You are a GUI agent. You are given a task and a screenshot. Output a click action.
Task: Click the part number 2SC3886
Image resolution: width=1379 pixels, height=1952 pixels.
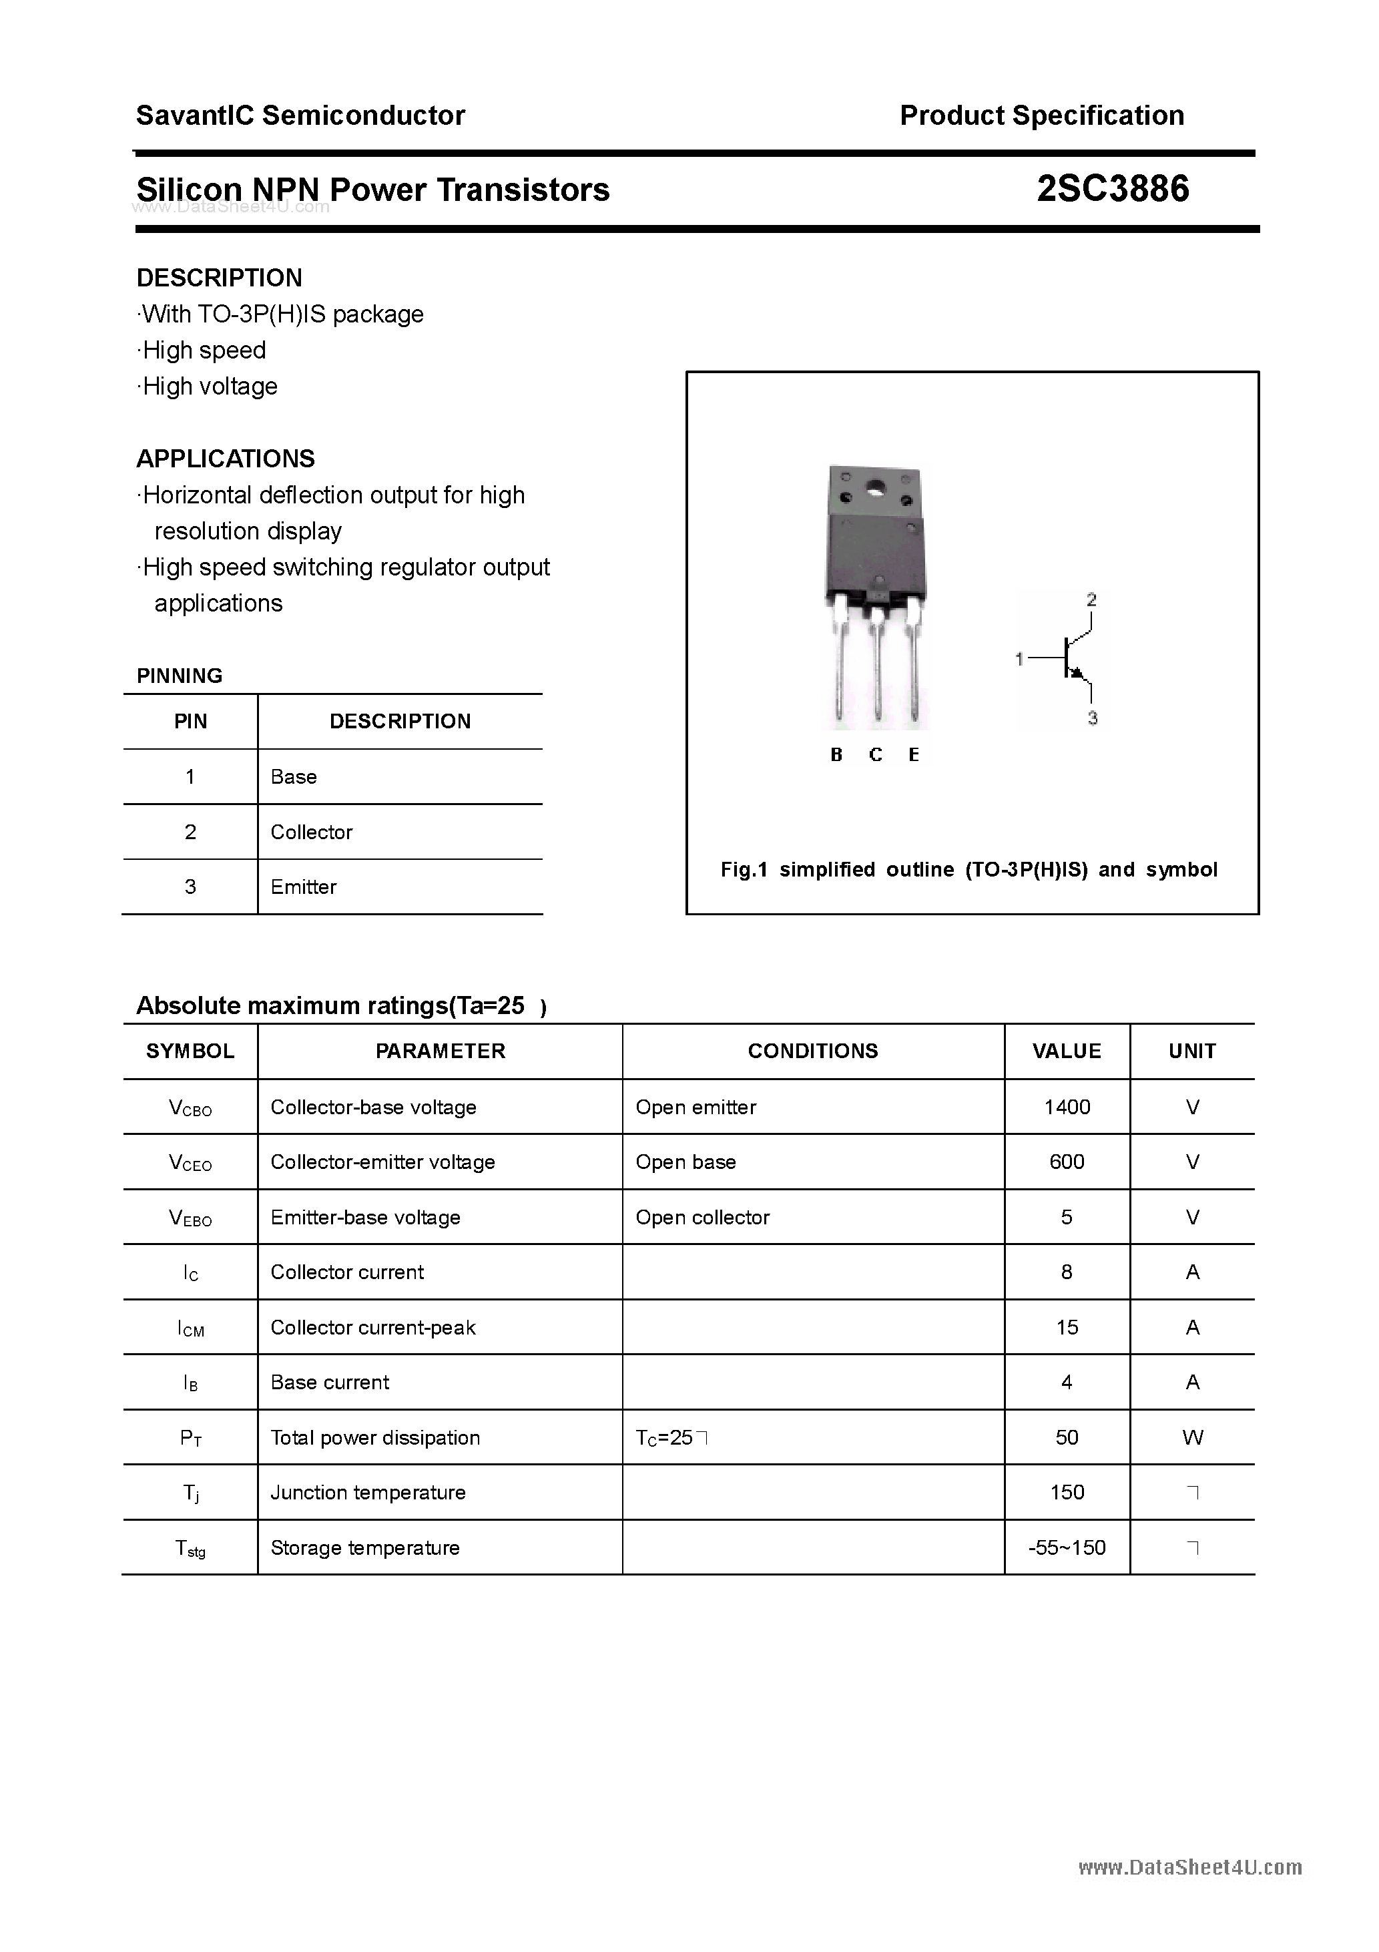pyautogui.click(x=1112, y=189)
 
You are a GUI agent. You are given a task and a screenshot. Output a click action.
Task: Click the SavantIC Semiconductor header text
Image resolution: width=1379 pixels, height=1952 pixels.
pyautogui.click(x=300, y=115)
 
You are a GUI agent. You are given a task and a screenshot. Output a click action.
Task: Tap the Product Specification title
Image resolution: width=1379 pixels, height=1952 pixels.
pyautogui.click(x=1041, y=115)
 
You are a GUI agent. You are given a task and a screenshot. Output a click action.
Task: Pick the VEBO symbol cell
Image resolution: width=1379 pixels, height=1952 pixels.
pyautogui.click(x=190, y=1218)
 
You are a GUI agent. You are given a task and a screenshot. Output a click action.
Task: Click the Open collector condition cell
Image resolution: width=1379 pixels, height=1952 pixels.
pyautogui.click(x=702, y=1218)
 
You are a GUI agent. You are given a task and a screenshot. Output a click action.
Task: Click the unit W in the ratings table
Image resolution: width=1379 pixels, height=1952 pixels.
pyautogui.click(x=1192, y=1438)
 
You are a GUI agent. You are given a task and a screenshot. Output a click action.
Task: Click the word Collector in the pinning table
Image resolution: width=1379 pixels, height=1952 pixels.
pyautogui.click(x=311, y=832)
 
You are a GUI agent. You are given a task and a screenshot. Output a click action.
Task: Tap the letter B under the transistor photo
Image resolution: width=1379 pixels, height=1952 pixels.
pyautogui.click(x=836, y=755)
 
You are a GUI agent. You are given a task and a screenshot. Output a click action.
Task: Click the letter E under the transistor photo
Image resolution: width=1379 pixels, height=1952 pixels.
pyautogui.click(x=914, y=755)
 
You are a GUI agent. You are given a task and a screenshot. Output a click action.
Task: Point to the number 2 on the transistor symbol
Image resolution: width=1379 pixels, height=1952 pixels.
pyautogui.click(x=1091, y=600)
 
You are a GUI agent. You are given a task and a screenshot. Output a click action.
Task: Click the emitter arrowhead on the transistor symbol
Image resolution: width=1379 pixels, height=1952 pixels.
pyautogui.click(x=1078, y=674)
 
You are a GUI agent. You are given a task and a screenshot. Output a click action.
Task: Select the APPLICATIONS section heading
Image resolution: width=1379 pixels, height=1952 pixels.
pyautogui.click(x=226, y=459)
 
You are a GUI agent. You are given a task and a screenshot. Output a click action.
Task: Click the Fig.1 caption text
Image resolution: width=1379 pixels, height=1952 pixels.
pyautogui.click(x=969, y=870)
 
